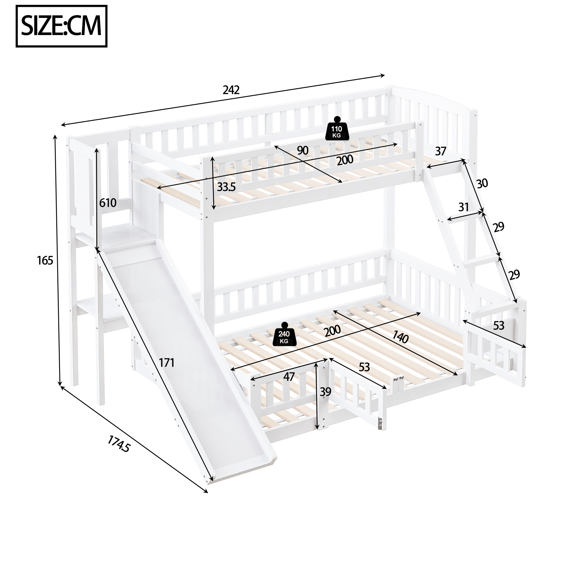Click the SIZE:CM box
coord(61,26)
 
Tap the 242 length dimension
coord(231,90)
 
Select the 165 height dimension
coord(45,260)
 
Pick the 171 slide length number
coord(167,363)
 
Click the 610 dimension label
coord(108,203)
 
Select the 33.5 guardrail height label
coord(226,187)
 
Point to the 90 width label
coord(303,151)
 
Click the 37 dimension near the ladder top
coord(440,151)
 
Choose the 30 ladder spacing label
coord(482,183)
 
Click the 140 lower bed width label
coord(400,337)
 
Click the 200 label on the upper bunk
coord(345,160)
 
